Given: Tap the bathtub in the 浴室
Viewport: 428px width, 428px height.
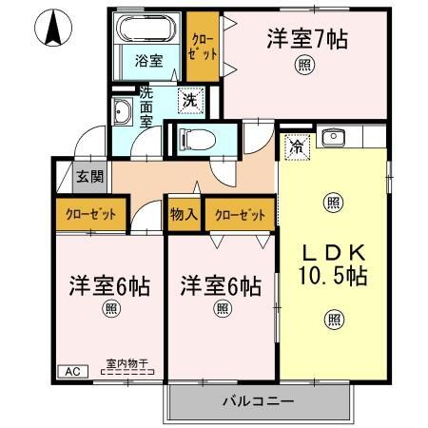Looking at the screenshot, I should tap(146, 29).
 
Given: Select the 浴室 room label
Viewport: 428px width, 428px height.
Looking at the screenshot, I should tap(146, 59).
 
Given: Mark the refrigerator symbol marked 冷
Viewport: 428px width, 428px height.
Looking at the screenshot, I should tap(297, 146).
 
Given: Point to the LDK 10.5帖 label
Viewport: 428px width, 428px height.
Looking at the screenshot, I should tap(333, 264).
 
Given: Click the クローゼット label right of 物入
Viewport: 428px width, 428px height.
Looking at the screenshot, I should tap(239, 214).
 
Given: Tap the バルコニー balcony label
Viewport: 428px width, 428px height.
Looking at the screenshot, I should tap(258, 400).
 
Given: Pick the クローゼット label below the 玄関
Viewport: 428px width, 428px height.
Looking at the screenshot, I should tap(91, 214).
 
